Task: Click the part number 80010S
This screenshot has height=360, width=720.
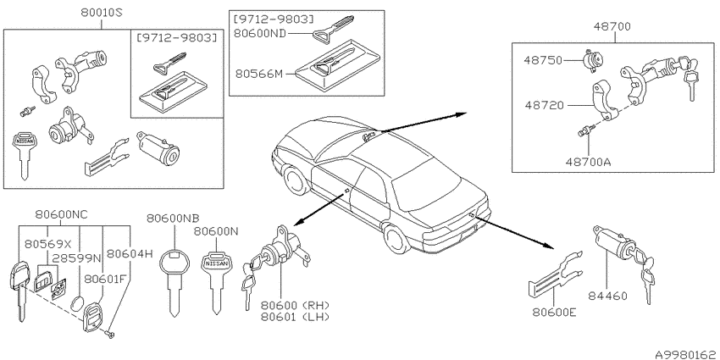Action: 102,14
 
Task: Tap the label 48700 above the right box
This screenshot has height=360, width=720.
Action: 612,27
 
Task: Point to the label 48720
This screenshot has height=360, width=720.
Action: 545,106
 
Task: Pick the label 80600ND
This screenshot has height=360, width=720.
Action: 260,33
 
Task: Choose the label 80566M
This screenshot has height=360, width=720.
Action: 258,73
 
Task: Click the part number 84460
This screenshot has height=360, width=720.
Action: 608,296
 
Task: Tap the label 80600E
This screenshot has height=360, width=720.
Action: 554,313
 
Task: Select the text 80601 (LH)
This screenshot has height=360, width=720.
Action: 296,316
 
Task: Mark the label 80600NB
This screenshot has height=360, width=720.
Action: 173,218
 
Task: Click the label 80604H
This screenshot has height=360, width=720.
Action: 130,252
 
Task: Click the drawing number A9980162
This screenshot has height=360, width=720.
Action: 686,354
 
